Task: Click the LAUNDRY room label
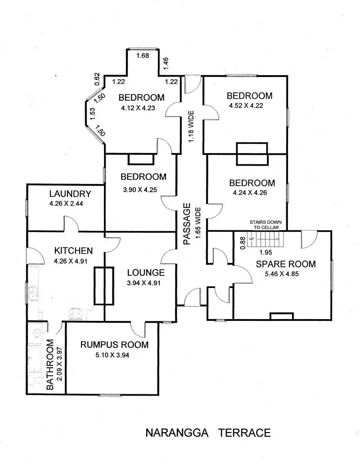70,194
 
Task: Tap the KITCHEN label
74,251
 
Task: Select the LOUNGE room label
145,272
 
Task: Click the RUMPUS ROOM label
114,345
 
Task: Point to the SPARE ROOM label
285,264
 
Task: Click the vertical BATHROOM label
50,365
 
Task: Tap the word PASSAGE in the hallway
188,225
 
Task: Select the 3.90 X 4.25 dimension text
139,189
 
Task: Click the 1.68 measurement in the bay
143,56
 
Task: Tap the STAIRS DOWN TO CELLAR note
266,225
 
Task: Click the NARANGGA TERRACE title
208,433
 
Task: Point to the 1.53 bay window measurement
92,113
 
